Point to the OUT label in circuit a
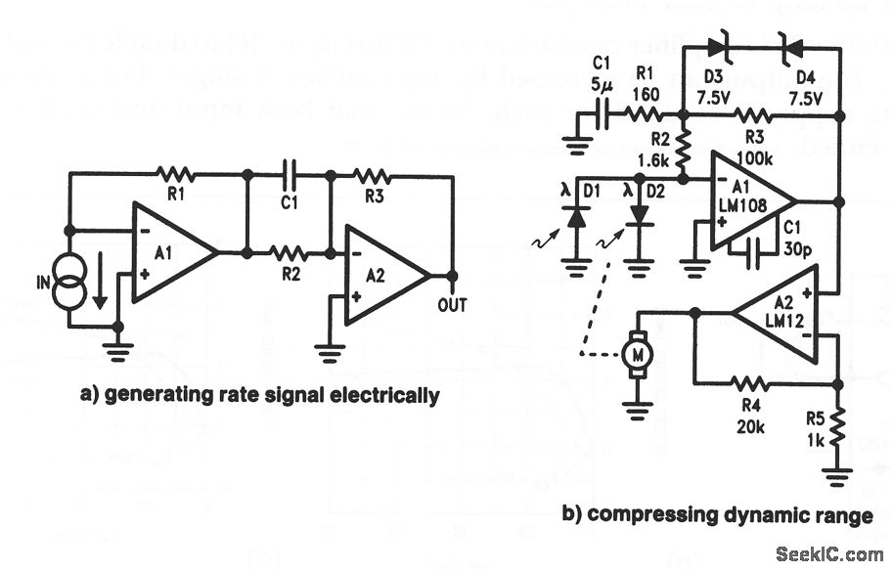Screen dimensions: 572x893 point(453,307)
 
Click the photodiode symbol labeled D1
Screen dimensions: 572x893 point(577,218)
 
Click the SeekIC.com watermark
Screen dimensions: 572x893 point(829,554)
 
